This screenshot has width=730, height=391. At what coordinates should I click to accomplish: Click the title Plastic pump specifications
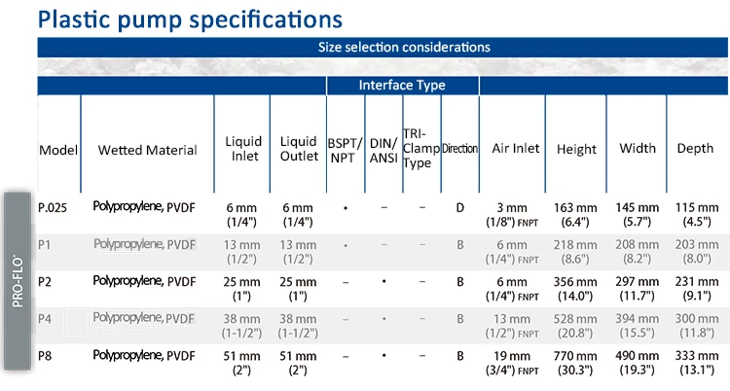pyautogui.click(x=190, y=20)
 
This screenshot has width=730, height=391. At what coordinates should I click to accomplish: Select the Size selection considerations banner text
pyautogui.click(x=404, y=47)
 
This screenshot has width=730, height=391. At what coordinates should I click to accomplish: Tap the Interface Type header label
pyautogui.click(x=402, y=86)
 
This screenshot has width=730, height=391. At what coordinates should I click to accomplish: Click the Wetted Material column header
pyautogui.click(x=148, y=150)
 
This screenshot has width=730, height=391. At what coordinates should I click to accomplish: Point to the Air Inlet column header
pyautogui.click(x=515, y=148)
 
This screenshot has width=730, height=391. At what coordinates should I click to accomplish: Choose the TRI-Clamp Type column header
pyautogui.click(x=420, y=148)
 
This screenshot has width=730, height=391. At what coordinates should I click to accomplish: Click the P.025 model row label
pyautogui.click(x=53, y=207)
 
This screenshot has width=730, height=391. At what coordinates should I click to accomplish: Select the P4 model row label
pyautogui.click(x=45, y=319)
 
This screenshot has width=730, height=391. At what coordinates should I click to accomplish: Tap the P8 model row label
pyautogui.click(x=45, y=356)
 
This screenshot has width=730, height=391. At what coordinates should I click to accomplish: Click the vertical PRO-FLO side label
pyautogui.click(x=18, y=281)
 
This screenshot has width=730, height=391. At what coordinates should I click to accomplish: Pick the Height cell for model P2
pyautogui.click(x=575, y=289)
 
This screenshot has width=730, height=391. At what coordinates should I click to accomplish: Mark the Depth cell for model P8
pyautogui.click(x=697, y=363)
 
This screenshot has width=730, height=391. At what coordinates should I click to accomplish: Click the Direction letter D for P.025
pyautogui.click(x=460, y=207)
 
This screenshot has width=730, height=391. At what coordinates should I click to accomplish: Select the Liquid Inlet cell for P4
pyautogui.click(x=241, y=326)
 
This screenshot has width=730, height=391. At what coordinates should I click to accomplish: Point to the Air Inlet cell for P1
pyautogui.click(x=512, y=252)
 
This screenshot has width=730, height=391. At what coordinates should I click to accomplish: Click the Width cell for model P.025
pyautogui.click(x=637, y=215)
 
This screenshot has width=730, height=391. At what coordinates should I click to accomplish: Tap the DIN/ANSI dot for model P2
pyautogui.click(x=383, y=282)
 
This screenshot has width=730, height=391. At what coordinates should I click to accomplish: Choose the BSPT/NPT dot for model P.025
pyautogui.click(x=346, y=208)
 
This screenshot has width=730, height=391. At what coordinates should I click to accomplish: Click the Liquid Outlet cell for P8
pyautogui.click(x=298, y=363)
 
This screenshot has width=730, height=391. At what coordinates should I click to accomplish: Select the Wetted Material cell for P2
pyautogui.click(x=144, y=281)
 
